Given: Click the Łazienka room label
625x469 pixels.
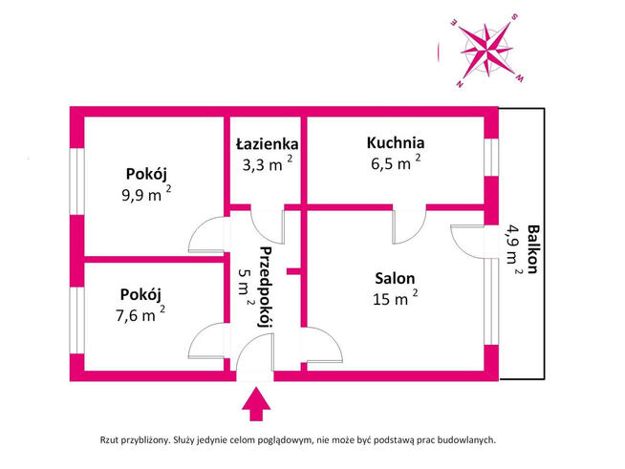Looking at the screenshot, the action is pyautogui.click(x=267, y=144).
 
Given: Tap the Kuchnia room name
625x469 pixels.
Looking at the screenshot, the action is pyautogui.click(x=396, y=142).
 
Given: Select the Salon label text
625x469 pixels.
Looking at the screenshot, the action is pyautogui.click(x=395, y=278).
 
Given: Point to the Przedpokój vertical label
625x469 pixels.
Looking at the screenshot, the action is pyautogui.click(x=266, y=287).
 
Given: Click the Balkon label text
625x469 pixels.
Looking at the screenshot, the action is pyautogui.click(x=533, y=249).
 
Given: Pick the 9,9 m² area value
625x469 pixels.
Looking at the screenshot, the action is pyautogui.click(x=146, y=195).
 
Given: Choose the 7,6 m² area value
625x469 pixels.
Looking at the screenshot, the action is pyautogui.click(x=140, y=314).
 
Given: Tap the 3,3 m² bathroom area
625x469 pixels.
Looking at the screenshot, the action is pyautogui.click(x=268, y=163).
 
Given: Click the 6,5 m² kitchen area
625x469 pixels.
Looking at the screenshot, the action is pyautogui.click(x=396, y=162).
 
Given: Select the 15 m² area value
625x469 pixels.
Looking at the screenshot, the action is pyautogui.click(x=395, y=298).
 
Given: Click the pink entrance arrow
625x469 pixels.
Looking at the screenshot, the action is pyautogui.click(x=256, y=404).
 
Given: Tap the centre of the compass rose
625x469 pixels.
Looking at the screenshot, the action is pyautogui.click(x=486, y=51).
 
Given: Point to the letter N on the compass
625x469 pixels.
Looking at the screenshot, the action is pyautogui.click(x=460, y=84).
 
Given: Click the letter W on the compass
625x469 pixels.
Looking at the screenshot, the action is pyautogui.click(x=519, y=78).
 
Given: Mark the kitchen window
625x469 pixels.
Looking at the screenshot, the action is pyautogui.click(x=491, y=158).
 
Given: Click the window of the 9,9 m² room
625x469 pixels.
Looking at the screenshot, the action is pyautogui.click(x=76, y=181).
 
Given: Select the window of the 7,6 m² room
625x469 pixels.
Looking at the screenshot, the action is pyautogui.click(x=76, y=320).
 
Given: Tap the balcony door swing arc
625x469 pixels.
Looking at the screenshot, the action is pyautogui.click(x=467, y=242).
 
